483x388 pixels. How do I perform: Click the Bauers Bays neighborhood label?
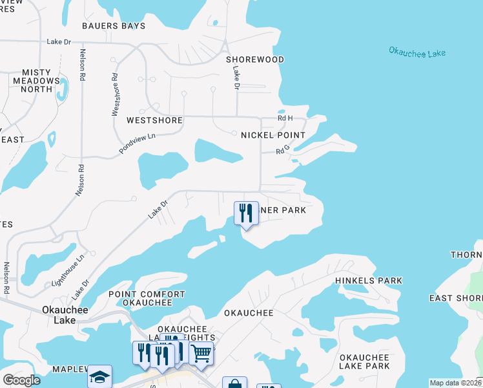[114, 26]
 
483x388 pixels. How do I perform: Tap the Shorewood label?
[255, 59]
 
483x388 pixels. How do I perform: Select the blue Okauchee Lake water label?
[417, 52]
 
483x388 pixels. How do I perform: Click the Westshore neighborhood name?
[154, 120]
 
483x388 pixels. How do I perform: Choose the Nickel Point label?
[272, 135]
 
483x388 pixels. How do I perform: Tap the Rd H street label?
[285, 118]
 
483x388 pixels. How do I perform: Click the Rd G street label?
[282, 151]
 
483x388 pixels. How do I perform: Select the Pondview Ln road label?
[138, 144]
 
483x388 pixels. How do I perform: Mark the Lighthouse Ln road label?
[68, 271]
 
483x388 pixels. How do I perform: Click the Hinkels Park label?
[368, 281]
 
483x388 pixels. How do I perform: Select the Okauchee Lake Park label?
[364, 361]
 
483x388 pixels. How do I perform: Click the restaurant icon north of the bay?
[245, 213]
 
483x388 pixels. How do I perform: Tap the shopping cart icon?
[201, 353]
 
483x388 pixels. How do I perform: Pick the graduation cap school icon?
[99, 376]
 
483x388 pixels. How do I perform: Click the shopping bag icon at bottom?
[234, 383]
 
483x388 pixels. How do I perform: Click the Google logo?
[21, 380]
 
